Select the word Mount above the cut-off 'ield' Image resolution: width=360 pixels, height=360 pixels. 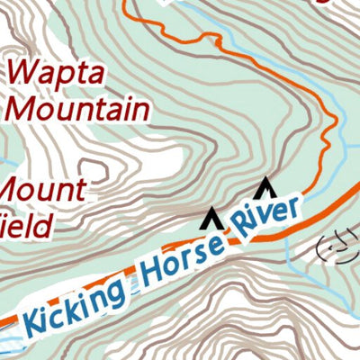[x=44, y=192]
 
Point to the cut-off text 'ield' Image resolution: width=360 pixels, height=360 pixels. [x=25, y=226]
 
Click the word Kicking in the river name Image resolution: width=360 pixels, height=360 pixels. [x=76, y=304]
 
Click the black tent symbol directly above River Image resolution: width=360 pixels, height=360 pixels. [x=264, y=189]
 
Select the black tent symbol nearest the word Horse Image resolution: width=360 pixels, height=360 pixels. [x=211, y=217]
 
